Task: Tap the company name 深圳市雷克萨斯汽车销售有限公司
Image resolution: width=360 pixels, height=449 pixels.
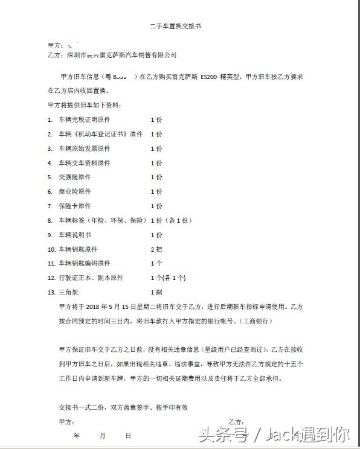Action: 121,55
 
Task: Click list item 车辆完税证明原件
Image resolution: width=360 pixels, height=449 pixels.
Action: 84,119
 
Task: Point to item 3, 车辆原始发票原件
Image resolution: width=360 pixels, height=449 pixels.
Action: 84,148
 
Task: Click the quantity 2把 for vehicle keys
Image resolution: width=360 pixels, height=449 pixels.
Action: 156,249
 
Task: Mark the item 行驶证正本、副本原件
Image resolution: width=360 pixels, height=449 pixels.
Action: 91,278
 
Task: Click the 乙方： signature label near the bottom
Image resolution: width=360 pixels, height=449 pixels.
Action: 236,421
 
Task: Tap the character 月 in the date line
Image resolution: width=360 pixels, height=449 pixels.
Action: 102,435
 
